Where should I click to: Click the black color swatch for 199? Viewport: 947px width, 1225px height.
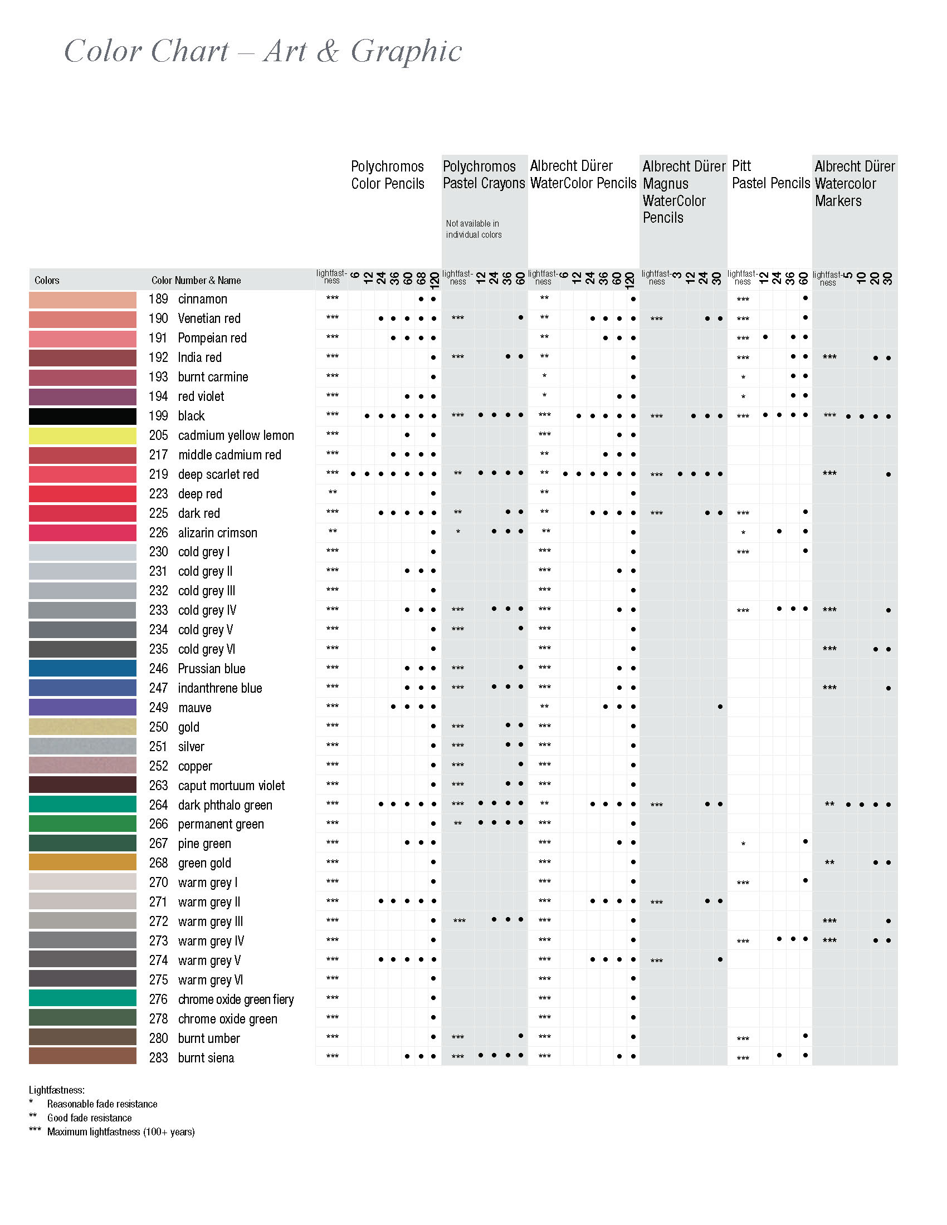(x=82, y=416)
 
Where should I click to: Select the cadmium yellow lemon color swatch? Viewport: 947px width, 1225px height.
(x=82, y=436)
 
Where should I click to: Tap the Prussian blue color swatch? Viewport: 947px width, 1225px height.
(x=82, y=669)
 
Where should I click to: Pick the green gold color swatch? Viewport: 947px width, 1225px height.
(x=82, y=863)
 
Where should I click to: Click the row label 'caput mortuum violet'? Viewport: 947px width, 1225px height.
(x=231, y=785)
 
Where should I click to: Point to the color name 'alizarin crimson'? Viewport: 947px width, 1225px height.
(x=218, y=533)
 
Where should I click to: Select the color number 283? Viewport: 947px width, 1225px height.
(x=158, y=1058)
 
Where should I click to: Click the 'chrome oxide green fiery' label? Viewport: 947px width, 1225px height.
(x=236, y=999)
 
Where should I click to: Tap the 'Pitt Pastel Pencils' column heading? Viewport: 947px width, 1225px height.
(x=770, y=174)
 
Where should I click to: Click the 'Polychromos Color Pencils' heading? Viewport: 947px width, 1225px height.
(x=388, y=175)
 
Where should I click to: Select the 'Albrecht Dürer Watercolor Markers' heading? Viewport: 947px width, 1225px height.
(x=854, y=183)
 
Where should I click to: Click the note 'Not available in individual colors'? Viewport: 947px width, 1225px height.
(x=473, y=229)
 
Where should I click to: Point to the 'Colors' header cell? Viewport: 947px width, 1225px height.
(x=47, y=281)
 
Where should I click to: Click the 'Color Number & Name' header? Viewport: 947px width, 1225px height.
(x=196, y=281)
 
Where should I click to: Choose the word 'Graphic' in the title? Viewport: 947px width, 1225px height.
(x=406, y=52)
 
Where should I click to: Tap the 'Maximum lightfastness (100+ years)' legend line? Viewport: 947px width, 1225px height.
(x=121, y=1132)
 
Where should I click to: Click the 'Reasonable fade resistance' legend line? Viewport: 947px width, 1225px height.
(x=102, y=1104)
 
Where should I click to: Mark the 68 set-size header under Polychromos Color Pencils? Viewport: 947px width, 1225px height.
(x=421, y=278)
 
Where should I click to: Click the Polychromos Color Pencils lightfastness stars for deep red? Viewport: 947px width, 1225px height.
(x=333, y=492)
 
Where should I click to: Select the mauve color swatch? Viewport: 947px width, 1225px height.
(x=82, y=707)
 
